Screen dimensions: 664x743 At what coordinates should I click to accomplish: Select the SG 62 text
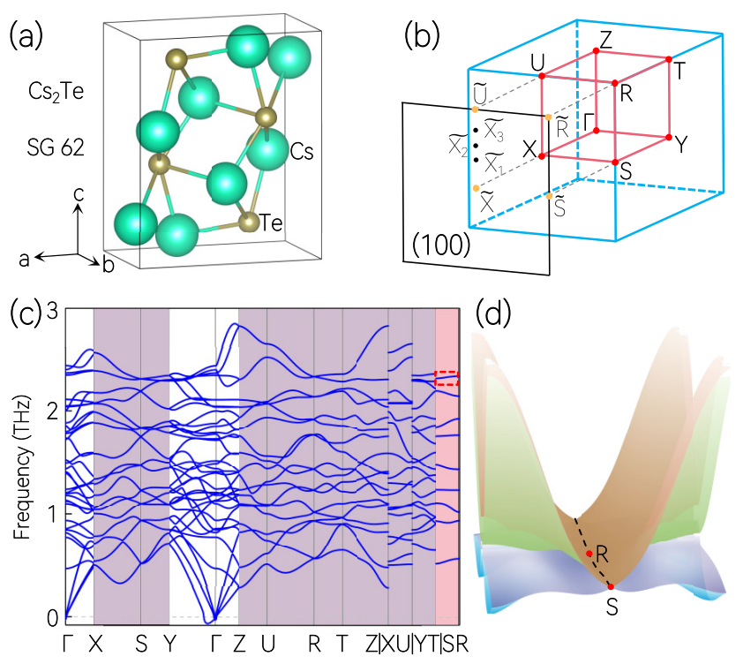tap(55, 148)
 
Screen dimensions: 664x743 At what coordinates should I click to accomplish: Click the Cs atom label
tap(304, 152)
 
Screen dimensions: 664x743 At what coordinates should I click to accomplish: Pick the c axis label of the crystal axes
tap(79, 191)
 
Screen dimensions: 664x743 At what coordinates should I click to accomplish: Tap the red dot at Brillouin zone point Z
tap(597, 51)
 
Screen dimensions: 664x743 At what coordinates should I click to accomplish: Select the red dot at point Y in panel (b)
tap(669, 138)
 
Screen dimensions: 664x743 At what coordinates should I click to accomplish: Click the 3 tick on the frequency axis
tap(52, 311)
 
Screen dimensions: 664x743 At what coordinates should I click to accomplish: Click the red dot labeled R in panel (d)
tap(589, 554)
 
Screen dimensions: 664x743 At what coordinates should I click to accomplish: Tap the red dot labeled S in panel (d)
tap(610, 586)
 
